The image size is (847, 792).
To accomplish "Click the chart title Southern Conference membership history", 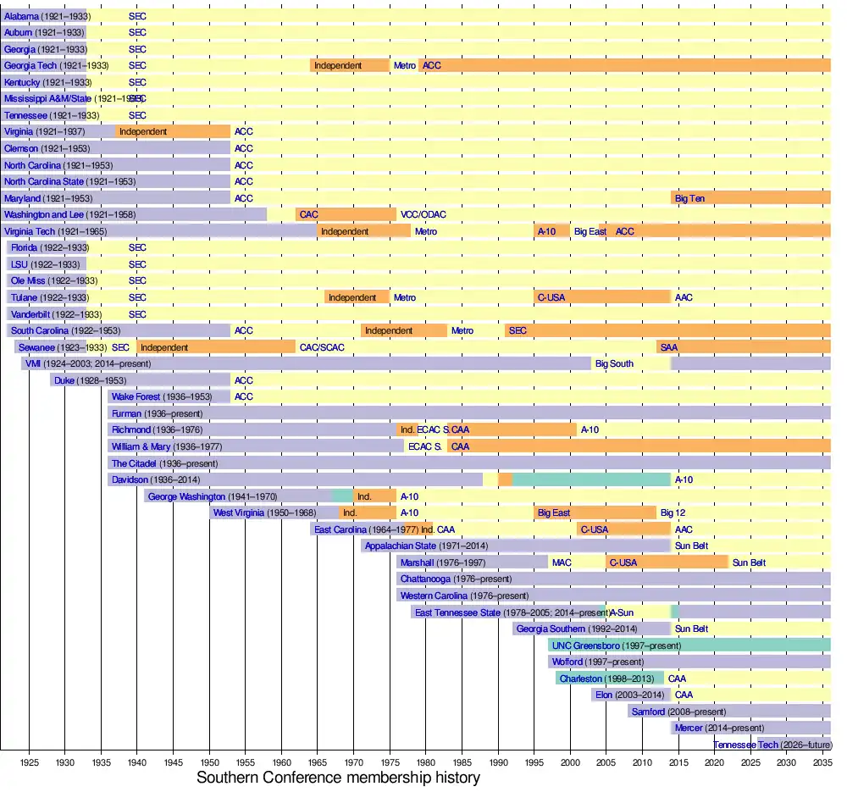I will coord(338,777).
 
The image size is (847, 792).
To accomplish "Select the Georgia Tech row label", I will coord(56,65).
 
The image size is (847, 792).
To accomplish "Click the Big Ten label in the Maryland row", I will coord(689,198).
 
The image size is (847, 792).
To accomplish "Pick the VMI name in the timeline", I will coord(33,363).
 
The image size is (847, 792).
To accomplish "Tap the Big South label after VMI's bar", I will coord(614,363).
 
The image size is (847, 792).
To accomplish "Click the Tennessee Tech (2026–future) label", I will coord(771,745).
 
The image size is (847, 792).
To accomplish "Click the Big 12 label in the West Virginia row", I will coord(673,513).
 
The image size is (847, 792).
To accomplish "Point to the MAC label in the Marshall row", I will coord(562,562).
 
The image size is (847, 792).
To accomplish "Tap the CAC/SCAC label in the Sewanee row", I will coord(322,347).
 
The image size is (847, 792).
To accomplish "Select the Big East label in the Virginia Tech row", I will coord(590,231).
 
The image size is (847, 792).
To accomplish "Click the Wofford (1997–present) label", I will coord(597,662).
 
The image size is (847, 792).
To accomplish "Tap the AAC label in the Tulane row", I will coord(684,297).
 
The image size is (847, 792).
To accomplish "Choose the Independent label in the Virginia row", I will coord(143,131).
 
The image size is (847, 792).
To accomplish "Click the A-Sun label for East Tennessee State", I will coord(621,612).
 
